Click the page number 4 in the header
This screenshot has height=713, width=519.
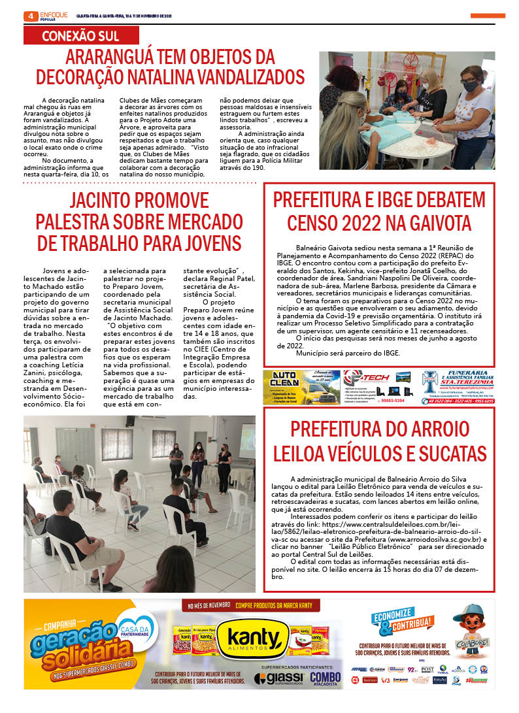click(29, 16)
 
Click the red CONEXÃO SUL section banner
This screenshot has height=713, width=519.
click(80, 36)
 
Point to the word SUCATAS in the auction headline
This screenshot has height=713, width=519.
click(447, 452)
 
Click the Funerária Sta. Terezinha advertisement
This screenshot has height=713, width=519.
click(458, 387)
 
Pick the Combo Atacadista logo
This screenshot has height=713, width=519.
click(325, 679)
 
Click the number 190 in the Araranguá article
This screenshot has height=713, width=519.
click(258, 167)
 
